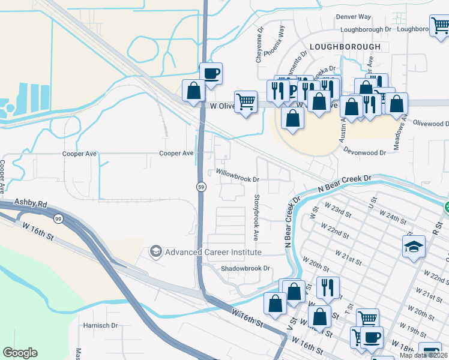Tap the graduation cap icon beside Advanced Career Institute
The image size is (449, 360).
click(156, 251)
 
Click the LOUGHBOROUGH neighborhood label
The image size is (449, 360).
click(345, 46)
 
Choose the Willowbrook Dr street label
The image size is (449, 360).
click(237, 179)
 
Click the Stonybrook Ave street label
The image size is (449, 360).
click(256, 217)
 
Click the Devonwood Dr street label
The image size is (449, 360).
click(365, 152)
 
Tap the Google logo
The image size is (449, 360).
click(20, 353)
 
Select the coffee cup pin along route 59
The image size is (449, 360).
click(211, 74)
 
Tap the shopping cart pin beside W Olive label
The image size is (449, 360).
click(246, 102)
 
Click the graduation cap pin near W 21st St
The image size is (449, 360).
click(414, 247)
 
